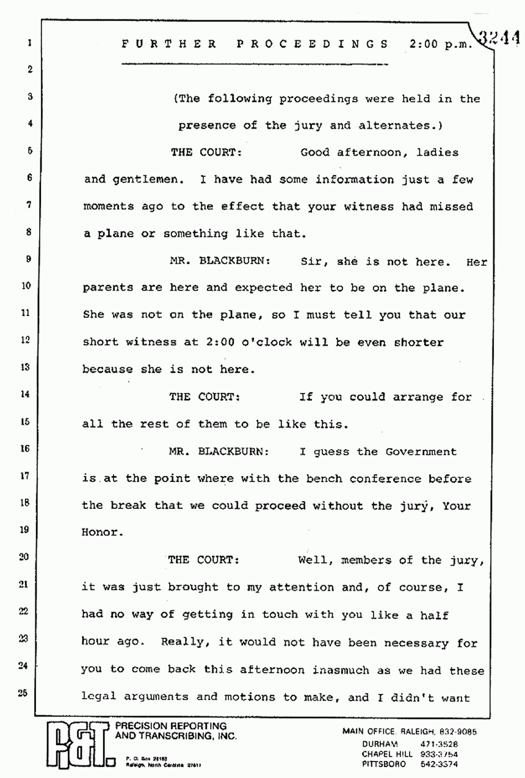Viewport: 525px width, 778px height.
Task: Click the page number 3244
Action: [499, 38]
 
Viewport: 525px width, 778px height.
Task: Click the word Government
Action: [421, 452]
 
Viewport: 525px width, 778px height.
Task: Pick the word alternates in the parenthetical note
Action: [393, 126]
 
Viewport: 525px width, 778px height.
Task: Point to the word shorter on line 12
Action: [418, 342]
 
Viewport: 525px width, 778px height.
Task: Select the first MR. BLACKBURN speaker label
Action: [220, 261]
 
